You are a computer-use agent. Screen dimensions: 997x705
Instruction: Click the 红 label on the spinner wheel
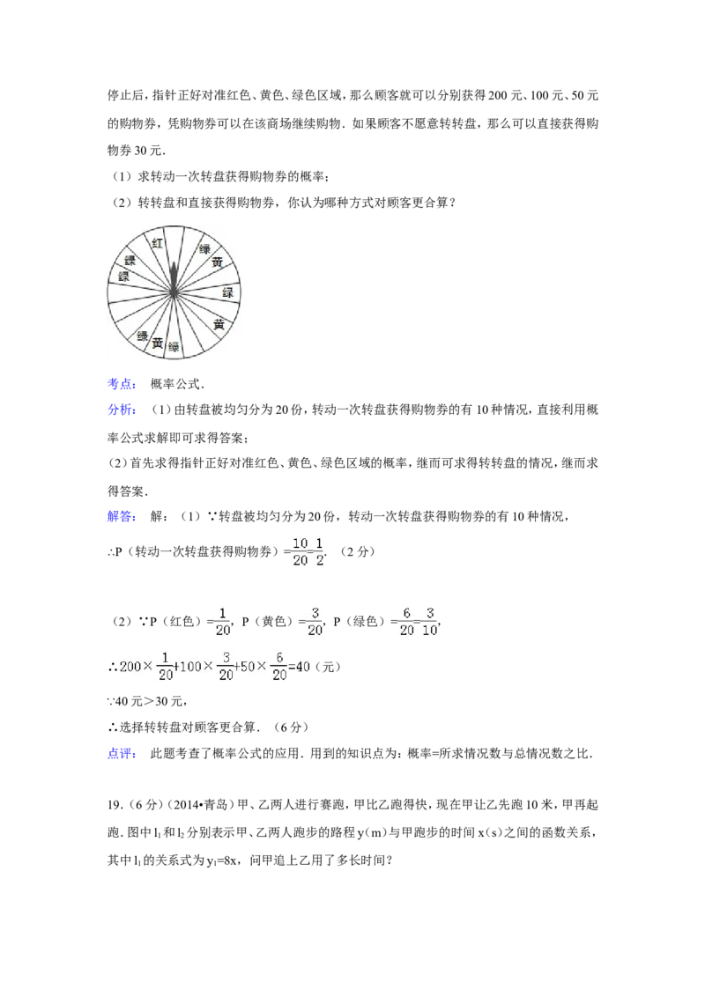[x=158, y=242]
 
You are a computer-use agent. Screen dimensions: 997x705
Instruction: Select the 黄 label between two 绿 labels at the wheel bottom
[x=158, y=343]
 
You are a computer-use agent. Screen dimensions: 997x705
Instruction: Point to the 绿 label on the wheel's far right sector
[x=228, y=292]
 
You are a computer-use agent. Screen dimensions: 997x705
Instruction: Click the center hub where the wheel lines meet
[x=175, y=292]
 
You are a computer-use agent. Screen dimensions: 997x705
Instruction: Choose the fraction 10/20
[x=301, y=550]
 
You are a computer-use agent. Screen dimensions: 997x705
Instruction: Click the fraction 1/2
[x=320, y=550]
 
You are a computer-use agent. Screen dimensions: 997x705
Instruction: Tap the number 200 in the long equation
[x=130, y=668]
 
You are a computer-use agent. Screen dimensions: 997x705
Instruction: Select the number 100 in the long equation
[x=189, y=668]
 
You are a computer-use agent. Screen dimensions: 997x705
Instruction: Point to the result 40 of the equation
[x=302, y=668]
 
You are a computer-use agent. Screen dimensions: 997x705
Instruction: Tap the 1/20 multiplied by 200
[x=164, y=668]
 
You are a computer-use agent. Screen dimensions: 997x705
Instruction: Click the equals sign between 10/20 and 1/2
[x=311, y=550]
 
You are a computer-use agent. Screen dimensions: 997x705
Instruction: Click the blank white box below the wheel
[x=257, y=384]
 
